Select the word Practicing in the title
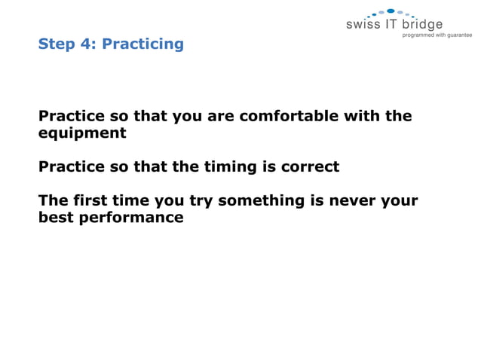[142, 44]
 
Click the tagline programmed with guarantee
[437, 35]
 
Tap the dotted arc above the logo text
[390, 13]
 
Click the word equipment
[82, 134]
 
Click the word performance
[131, 218]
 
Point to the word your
[400, 202]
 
